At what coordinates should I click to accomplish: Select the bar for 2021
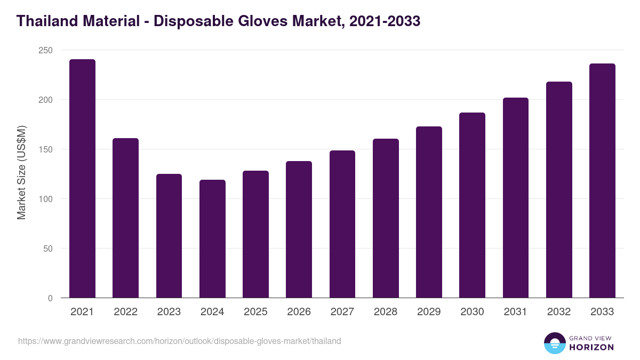coord(82,179)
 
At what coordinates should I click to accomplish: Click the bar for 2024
coord(212,239)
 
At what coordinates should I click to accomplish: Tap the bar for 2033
coord(602,181)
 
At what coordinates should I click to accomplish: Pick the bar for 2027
coord(342,224)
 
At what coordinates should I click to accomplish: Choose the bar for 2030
coord(472,205)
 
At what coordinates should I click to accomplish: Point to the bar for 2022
coord(125,218)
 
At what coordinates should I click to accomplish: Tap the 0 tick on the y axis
coord(50,298)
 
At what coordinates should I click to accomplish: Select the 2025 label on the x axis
coord(255,312)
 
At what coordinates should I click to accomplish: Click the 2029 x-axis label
coord(429,312)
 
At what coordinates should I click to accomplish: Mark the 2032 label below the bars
coord(559,312)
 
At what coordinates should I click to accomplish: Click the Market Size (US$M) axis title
coord(21,172)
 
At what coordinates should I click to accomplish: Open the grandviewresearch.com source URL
coord(179,341)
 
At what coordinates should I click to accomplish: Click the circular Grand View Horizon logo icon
coord(554,343)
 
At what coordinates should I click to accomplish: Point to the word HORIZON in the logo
coord(591,347)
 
